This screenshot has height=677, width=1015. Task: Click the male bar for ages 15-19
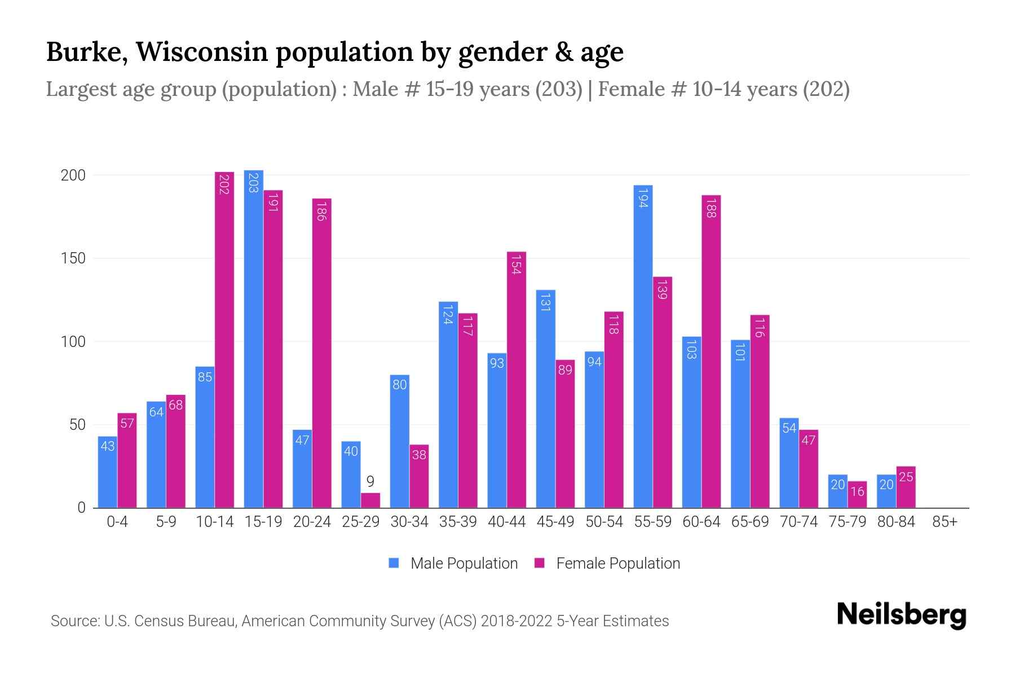point(253,338)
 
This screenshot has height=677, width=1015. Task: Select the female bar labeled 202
point(224,338)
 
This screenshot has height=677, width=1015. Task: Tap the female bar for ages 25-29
point(370,500)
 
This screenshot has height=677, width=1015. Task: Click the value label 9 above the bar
point(370,482)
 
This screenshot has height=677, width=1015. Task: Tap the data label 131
point(545,302)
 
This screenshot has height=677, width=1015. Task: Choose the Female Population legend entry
point(607,563)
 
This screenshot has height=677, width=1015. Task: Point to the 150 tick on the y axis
point(73,258)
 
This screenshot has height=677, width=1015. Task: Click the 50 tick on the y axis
point(77,425)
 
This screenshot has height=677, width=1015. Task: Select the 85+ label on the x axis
point(945,522)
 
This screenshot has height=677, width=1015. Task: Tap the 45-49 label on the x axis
point(555,522)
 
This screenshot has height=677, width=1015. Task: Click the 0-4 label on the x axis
point(117,522)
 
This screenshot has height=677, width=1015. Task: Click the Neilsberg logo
point(901,614)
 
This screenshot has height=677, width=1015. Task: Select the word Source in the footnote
point(74,621)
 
